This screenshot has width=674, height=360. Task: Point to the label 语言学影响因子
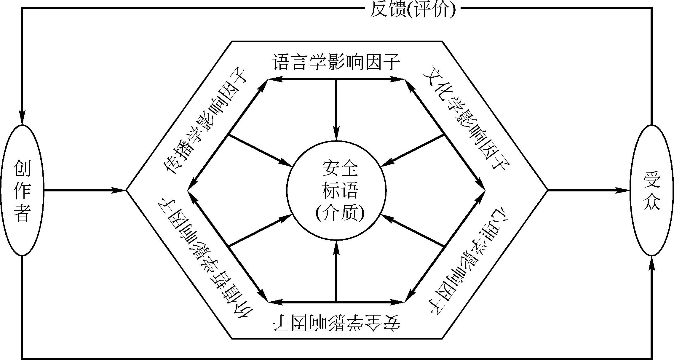point(336,62)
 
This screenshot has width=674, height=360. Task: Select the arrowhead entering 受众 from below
point(651,264)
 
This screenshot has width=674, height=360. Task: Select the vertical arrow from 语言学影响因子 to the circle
point(336,110)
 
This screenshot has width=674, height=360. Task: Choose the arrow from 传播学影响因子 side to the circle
point(259,150)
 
